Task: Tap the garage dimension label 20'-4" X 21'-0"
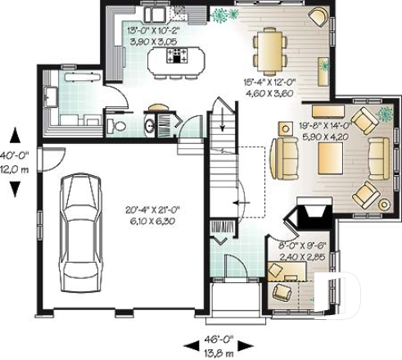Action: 152,215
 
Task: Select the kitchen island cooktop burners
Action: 176,56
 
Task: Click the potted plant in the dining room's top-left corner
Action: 224,16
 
